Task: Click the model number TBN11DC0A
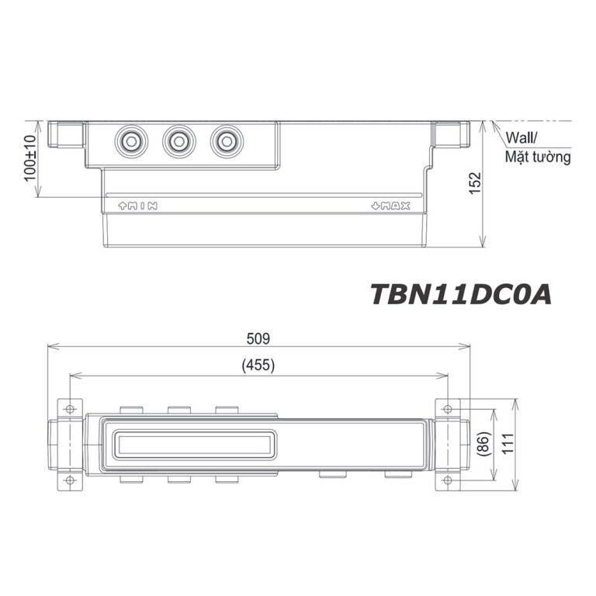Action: [x=460, y=295]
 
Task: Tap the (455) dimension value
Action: [x=258, y=365]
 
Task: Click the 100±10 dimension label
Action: [x=30, y=159]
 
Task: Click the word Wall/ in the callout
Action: [x=522, y=138]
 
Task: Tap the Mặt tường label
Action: [x=538, y=158]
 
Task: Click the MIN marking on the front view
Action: [x=137, y=206]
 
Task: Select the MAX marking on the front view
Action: [x=391, y=206]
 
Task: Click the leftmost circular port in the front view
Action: [x=130, y=142]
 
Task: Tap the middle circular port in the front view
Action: [x=178, y=142]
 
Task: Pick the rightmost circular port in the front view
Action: [x=226, y=142]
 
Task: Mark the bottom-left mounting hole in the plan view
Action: [x=70, y=480]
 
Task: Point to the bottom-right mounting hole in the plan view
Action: [x=448, y=480]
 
